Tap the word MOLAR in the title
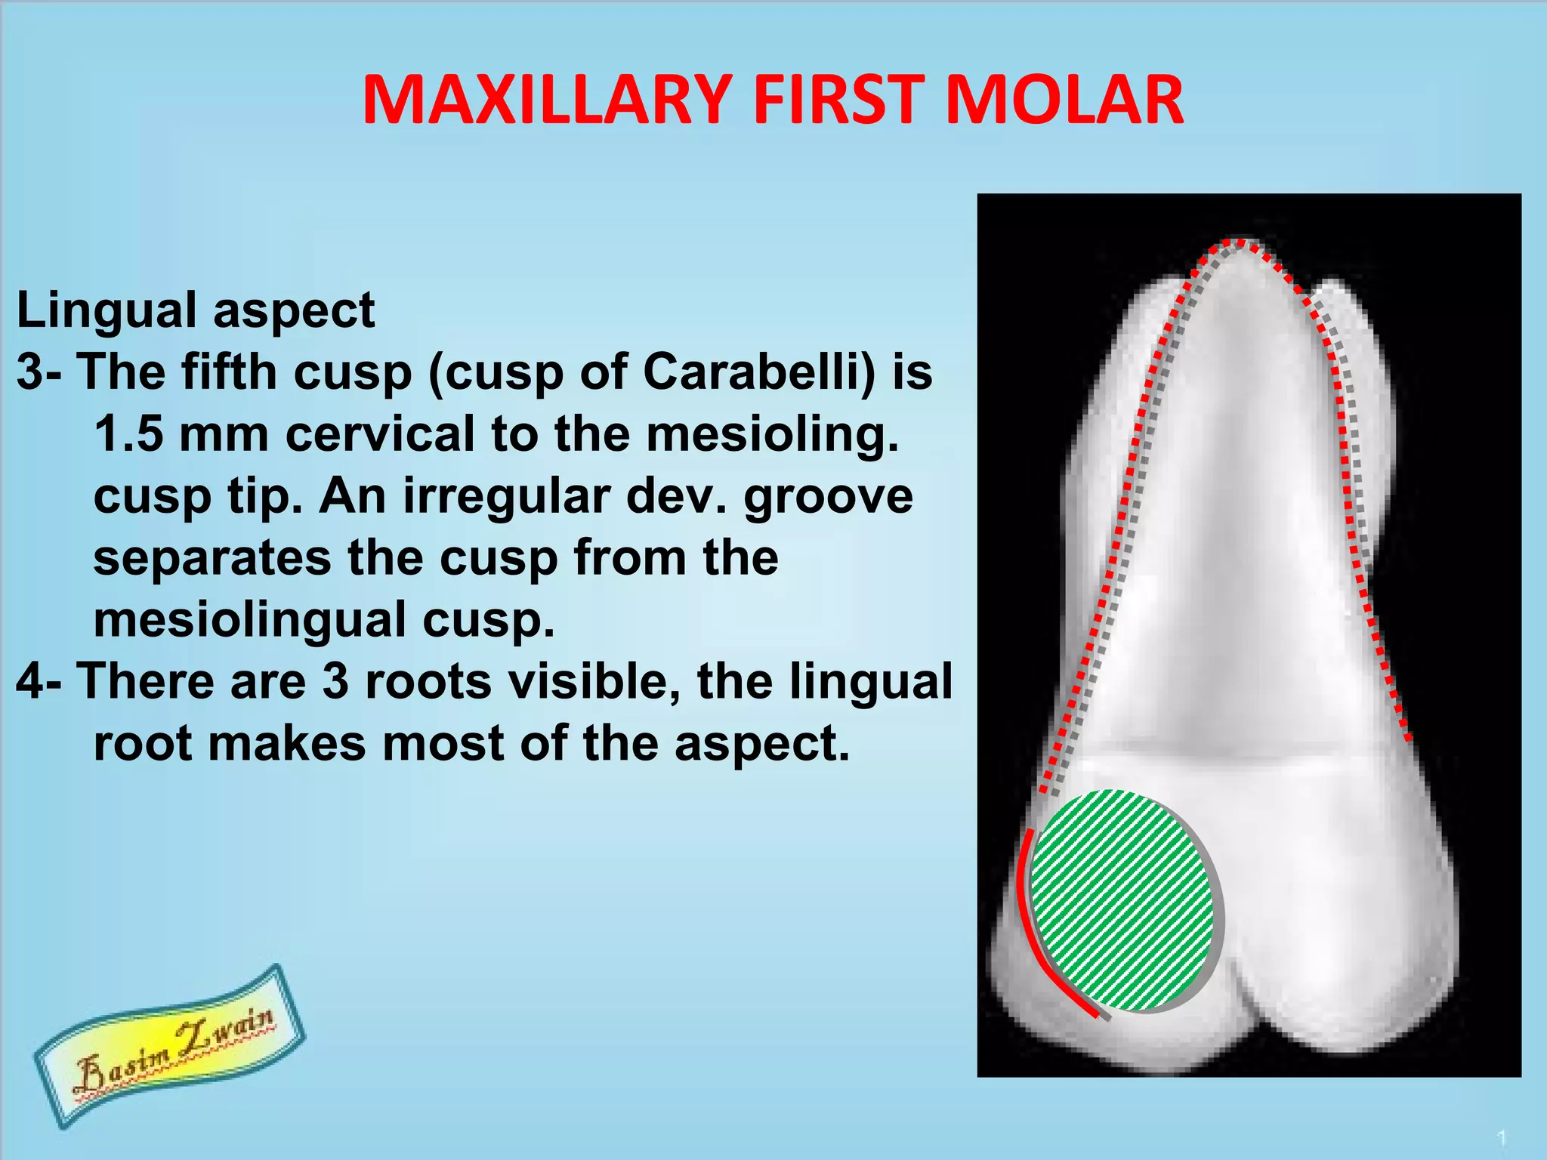pyautogui.click(x=1064, y=100)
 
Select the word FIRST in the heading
pyautogui.click(x=838, y=100)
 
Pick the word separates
pyautogui.click(x=212, y=559)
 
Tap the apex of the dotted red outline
pyautogui.click(x=1237, y=242)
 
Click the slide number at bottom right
pyautogui.click(x=1502, y=1137)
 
